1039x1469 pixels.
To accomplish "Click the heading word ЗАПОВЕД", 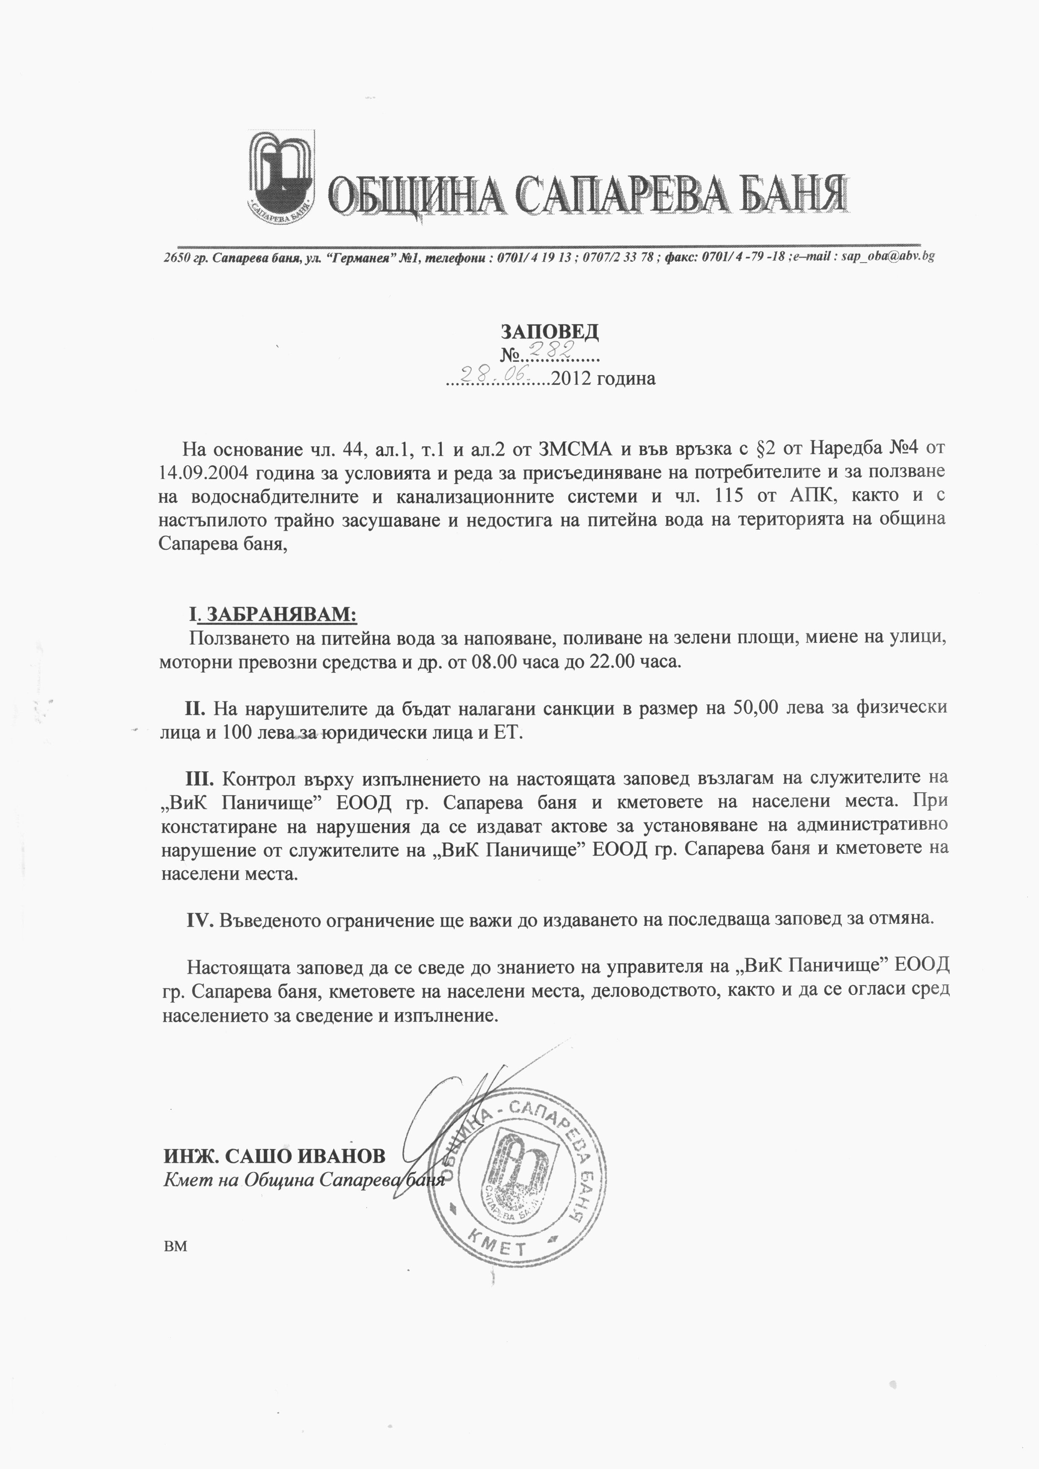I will click(x=549, y=331).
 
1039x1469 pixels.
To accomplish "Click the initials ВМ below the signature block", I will click(x=175, y=1246).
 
